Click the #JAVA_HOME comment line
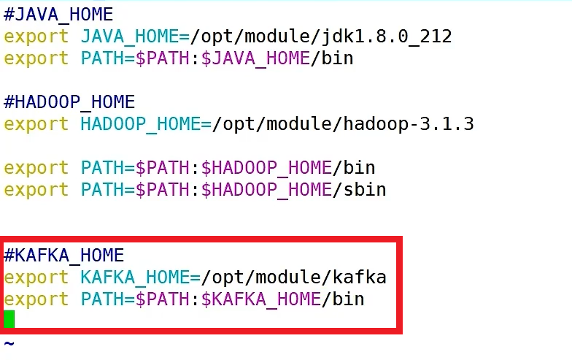click(x=58, y=14)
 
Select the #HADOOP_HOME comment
click(x=69, y=102)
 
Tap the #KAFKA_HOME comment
click(x=64, y=255)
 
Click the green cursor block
click(x=9, y=319)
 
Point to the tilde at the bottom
click(x=9, y=342)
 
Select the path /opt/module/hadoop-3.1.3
click(x=343, y=123)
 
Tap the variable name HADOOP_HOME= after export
click(x=146, y=123)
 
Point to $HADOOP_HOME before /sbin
click(x=266, y=189)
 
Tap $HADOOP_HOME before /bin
click(x=266, y=167)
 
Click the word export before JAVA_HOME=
click(x=36, y=36)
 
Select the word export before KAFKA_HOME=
click(x=36, y=277)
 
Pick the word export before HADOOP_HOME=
click(x=36, y=123)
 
